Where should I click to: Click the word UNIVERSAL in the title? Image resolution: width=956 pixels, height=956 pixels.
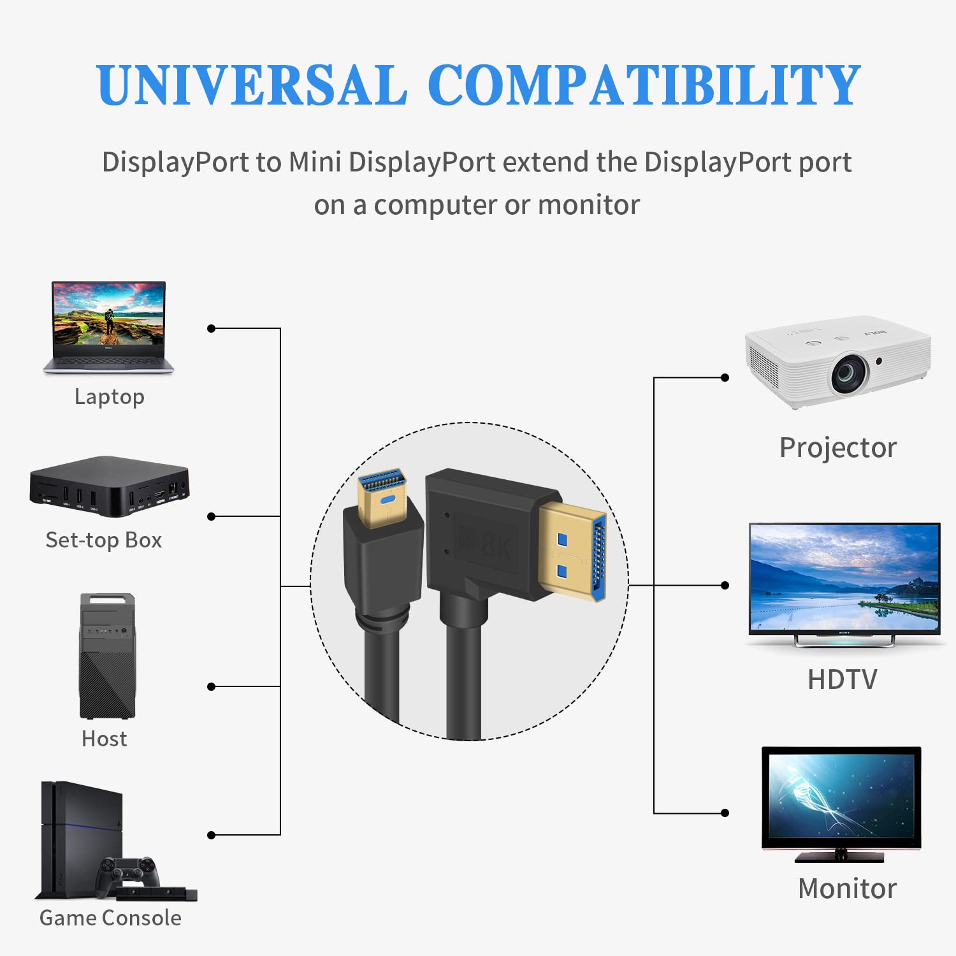click(x=252, y=85)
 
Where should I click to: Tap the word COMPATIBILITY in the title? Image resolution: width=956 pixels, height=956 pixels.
click(x=644, y=85)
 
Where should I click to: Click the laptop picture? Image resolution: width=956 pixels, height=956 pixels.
click(x=108, y=327)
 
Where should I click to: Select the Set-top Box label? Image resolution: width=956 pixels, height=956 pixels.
click(x=104, y=540)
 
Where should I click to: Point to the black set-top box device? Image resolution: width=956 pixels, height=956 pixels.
click(x=109, y=486)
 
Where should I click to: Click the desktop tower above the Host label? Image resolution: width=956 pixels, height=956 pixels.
click(x=107, y=656)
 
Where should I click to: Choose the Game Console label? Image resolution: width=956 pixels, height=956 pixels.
click(x=110, y=918)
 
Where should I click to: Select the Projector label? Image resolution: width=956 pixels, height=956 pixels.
click(x=838, y=448)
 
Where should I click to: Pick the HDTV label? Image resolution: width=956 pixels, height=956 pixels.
click(x=843, y=680)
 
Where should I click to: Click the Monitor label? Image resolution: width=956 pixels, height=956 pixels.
click(x=847, y=889)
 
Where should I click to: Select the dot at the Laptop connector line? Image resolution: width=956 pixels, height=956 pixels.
click(x=212, y=328)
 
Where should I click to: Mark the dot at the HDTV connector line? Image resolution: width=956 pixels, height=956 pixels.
click(x=725, y=585)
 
